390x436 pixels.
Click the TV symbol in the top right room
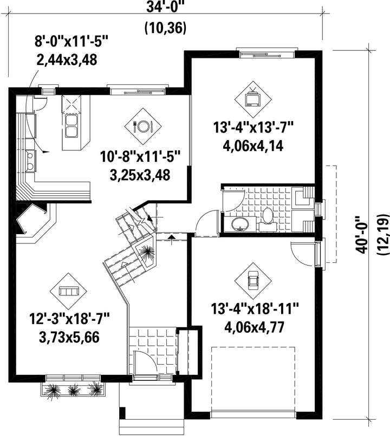point(253,98)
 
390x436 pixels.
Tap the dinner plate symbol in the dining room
point(143,127)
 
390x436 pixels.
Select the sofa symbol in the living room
point(68,292)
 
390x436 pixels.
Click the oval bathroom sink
point(240,224)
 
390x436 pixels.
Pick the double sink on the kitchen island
point(71,127)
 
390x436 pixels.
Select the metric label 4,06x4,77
point(254,327)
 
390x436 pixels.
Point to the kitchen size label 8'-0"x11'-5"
point(71,42)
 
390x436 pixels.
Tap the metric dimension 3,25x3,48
point(140,175)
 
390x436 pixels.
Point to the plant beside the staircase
point(146,253)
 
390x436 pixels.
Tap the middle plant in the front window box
point(73,391)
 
